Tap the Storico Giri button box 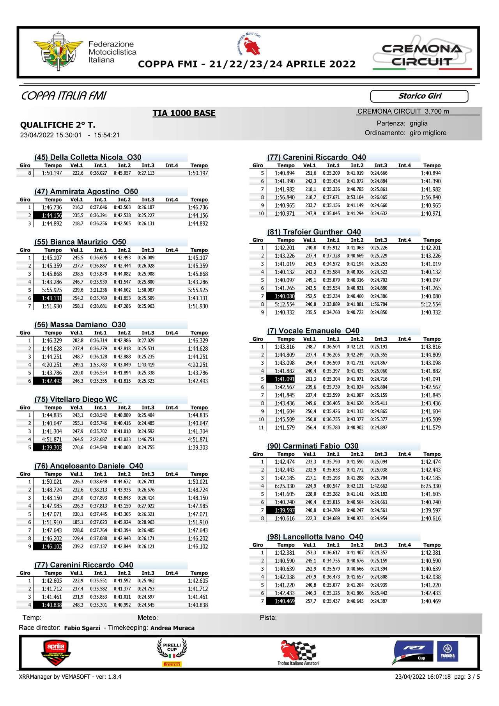[419, 96]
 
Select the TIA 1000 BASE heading [184, 113]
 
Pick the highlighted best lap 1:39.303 [51, 447]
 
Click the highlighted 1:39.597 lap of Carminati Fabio [284, 510]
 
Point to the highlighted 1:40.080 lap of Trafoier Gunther [284, 296]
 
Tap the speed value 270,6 [78, 447]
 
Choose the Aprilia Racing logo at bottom [57, 653]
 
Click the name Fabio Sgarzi [82, 628]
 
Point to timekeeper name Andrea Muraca [172, 628]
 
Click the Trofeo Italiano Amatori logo [298, 653]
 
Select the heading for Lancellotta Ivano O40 [315, 537]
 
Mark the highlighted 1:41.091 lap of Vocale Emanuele [284, 379]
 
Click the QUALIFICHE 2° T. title [58, 125]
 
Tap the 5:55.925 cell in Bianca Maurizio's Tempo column [51, 290]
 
